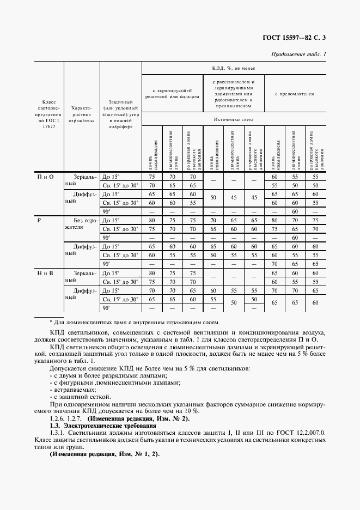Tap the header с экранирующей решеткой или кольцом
172,93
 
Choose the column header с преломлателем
295,94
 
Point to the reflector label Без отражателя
81,224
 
